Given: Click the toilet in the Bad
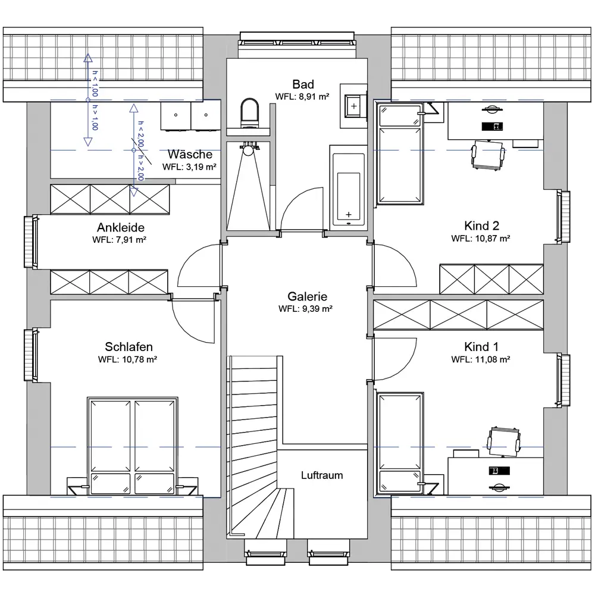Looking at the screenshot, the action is click(x=250, y=113).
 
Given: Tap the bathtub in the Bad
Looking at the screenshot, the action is click(x=348, y=187).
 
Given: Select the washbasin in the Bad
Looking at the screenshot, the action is click(x=353, y=106).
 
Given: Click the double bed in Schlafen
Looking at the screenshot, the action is click(x=133, y=446).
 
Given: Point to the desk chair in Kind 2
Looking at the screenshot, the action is click(x=488, y=155).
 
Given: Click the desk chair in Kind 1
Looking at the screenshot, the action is click(x=504, y=441).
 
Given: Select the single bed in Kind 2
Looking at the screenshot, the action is click(x=400, y=154).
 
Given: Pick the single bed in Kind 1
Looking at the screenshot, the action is click(x=400, y=444).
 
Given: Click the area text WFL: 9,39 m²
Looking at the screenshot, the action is click(x=305, y=309).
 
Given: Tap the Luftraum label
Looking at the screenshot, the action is click(x=322, y=475).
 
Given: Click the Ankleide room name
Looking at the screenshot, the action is click(x=121, y=227).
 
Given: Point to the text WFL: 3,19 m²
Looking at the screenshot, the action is click(x=189, y=167).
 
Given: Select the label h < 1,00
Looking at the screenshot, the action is click(x=95, y=83).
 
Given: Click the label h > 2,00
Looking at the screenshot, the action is click(x=140, y=168).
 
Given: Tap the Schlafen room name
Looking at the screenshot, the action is click(x=129, y=346).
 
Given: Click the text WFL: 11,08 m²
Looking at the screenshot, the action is click(x=480, y=359).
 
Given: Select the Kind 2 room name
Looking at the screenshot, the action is click(x=481, y=226).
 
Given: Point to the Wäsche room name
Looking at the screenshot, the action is click(x=190, y=154).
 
